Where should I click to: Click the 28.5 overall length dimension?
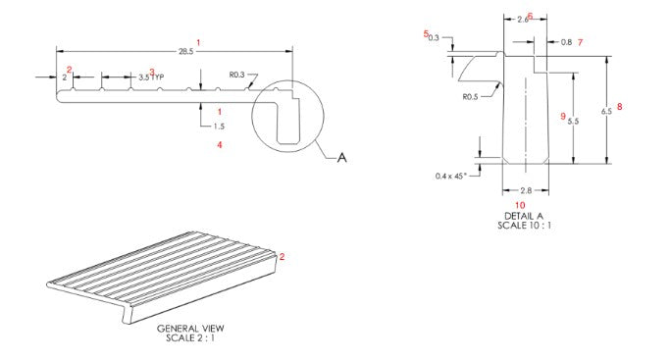pyautogui.click(x=184, y=52)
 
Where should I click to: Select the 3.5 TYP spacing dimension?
pyautogui.click(x=150, y=77)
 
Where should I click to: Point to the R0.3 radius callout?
pyautogui.click(x=238, y=74)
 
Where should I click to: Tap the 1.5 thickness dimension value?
pyautogui.click(x=219, y=127)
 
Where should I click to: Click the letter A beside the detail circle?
pyautogui.click(x=341, y=157)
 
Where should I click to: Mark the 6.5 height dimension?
pyautogui.click(x=606, y=111)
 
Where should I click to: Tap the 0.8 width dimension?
pyautogui.click(x=566, y=42)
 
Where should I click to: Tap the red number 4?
pyautogui.click(x=220, y=145)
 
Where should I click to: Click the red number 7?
pyautogui.click(x=580, y=42)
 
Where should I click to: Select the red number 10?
pyautogui.click(x=520, y=205)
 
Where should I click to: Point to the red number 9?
pyautogui.click(x=562, y=116)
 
